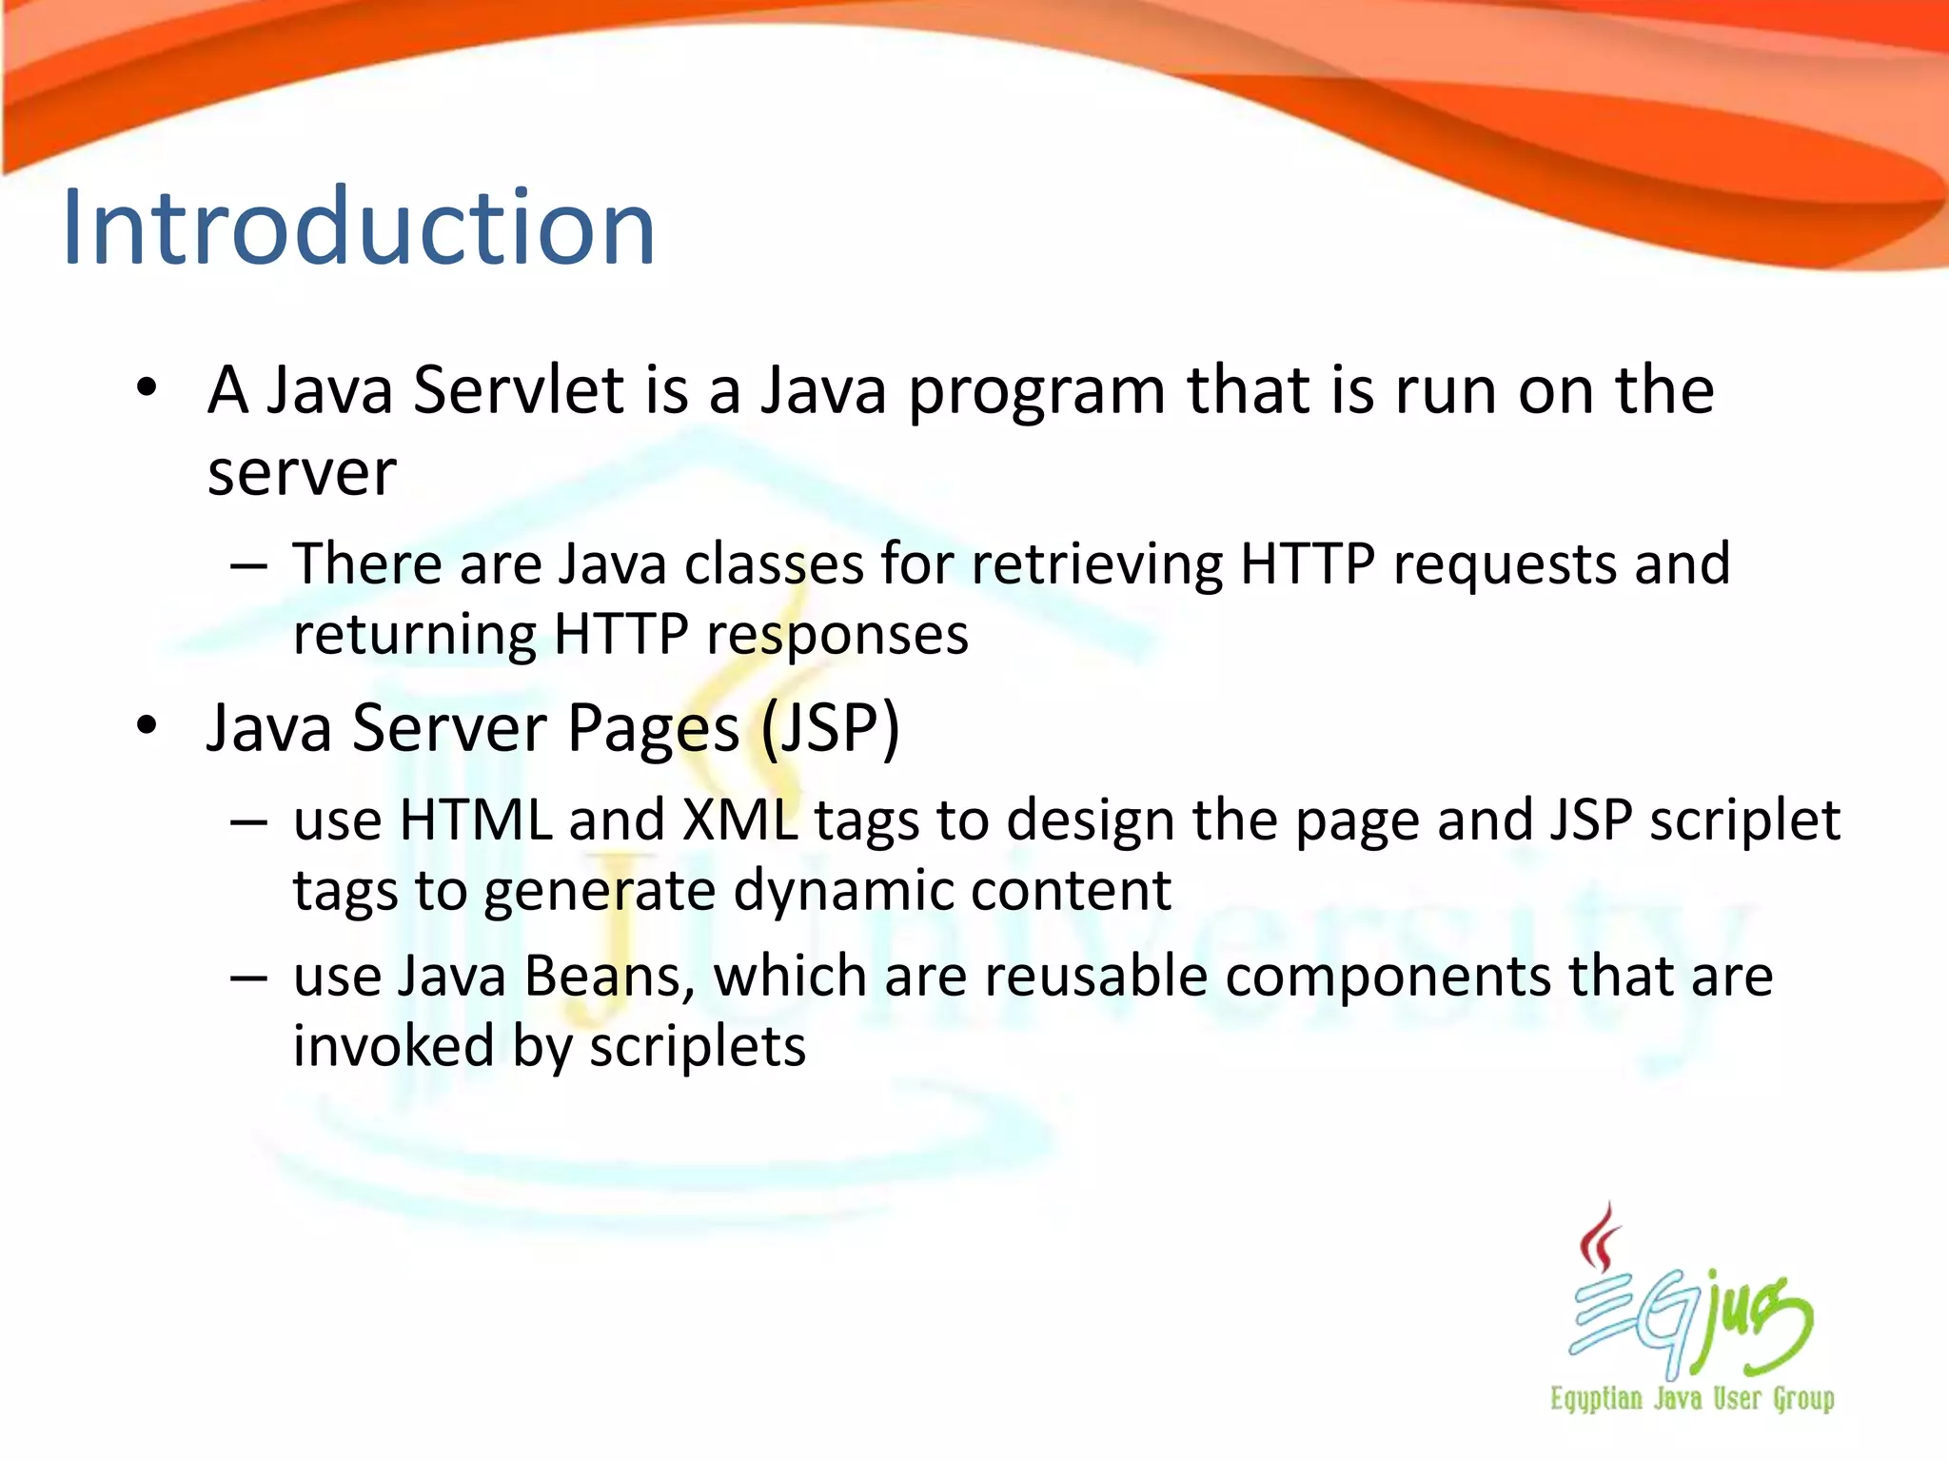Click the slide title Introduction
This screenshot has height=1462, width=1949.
coord(359,228)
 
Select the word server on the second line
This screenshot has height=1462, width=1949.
coord(302,473)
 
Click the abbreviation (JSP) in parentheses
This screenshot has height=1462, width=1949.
coord(830,729)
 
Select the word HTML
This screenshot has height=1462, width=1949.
coord(476,820)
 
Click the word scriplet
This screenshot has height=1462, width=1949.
coord(1744,820)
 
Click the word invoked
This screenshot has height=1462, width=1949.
coord(394,1047)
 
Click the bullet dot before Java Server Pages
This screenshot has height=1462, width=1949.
coord(146,725)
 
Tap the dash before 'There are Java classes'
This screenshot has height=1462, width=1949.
coord(248,565)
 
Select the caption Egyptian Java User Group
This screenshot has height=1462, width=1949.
coord(1692,1399)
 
